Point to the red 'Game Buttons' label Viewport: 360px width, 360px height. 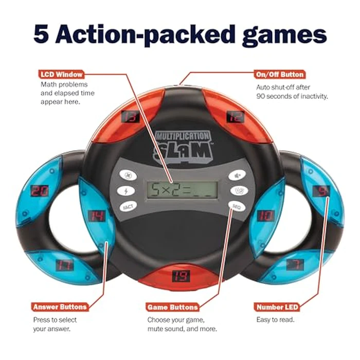[x=172, y=307]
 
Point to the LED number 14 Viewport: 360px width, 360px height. [x=96, y=215]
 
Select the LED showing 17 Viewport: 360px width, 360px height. [x=65, y=265]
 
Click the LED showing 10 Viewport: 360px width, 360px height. [x=265, y=215]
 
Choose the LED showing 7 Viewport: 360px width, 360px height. [x=298, y=264]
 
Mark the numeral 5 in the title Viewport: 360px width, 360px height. [x=43, y=34]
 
